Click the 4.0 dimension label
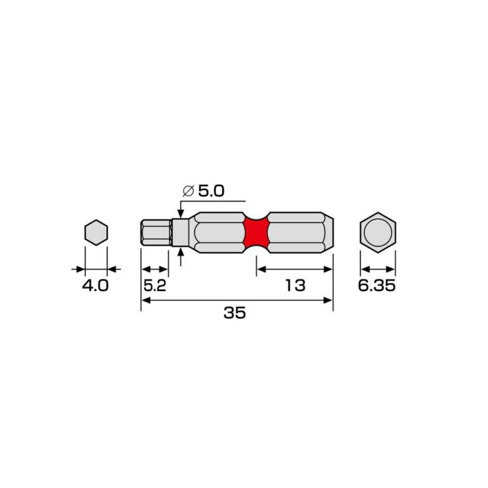point(95,286)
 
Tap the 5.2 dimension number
point(154,286)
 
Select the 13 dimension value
point(295,286)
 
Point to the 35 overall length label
point(234,313)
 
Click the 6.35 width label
point(377,286)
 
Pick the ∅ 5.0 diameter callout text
point(203,191)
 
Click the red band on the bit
point(256,233)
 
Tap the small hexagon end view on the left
point(96,233)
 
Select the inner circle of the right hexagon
point(378,233)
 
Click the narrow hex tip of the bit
point(156,233)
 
